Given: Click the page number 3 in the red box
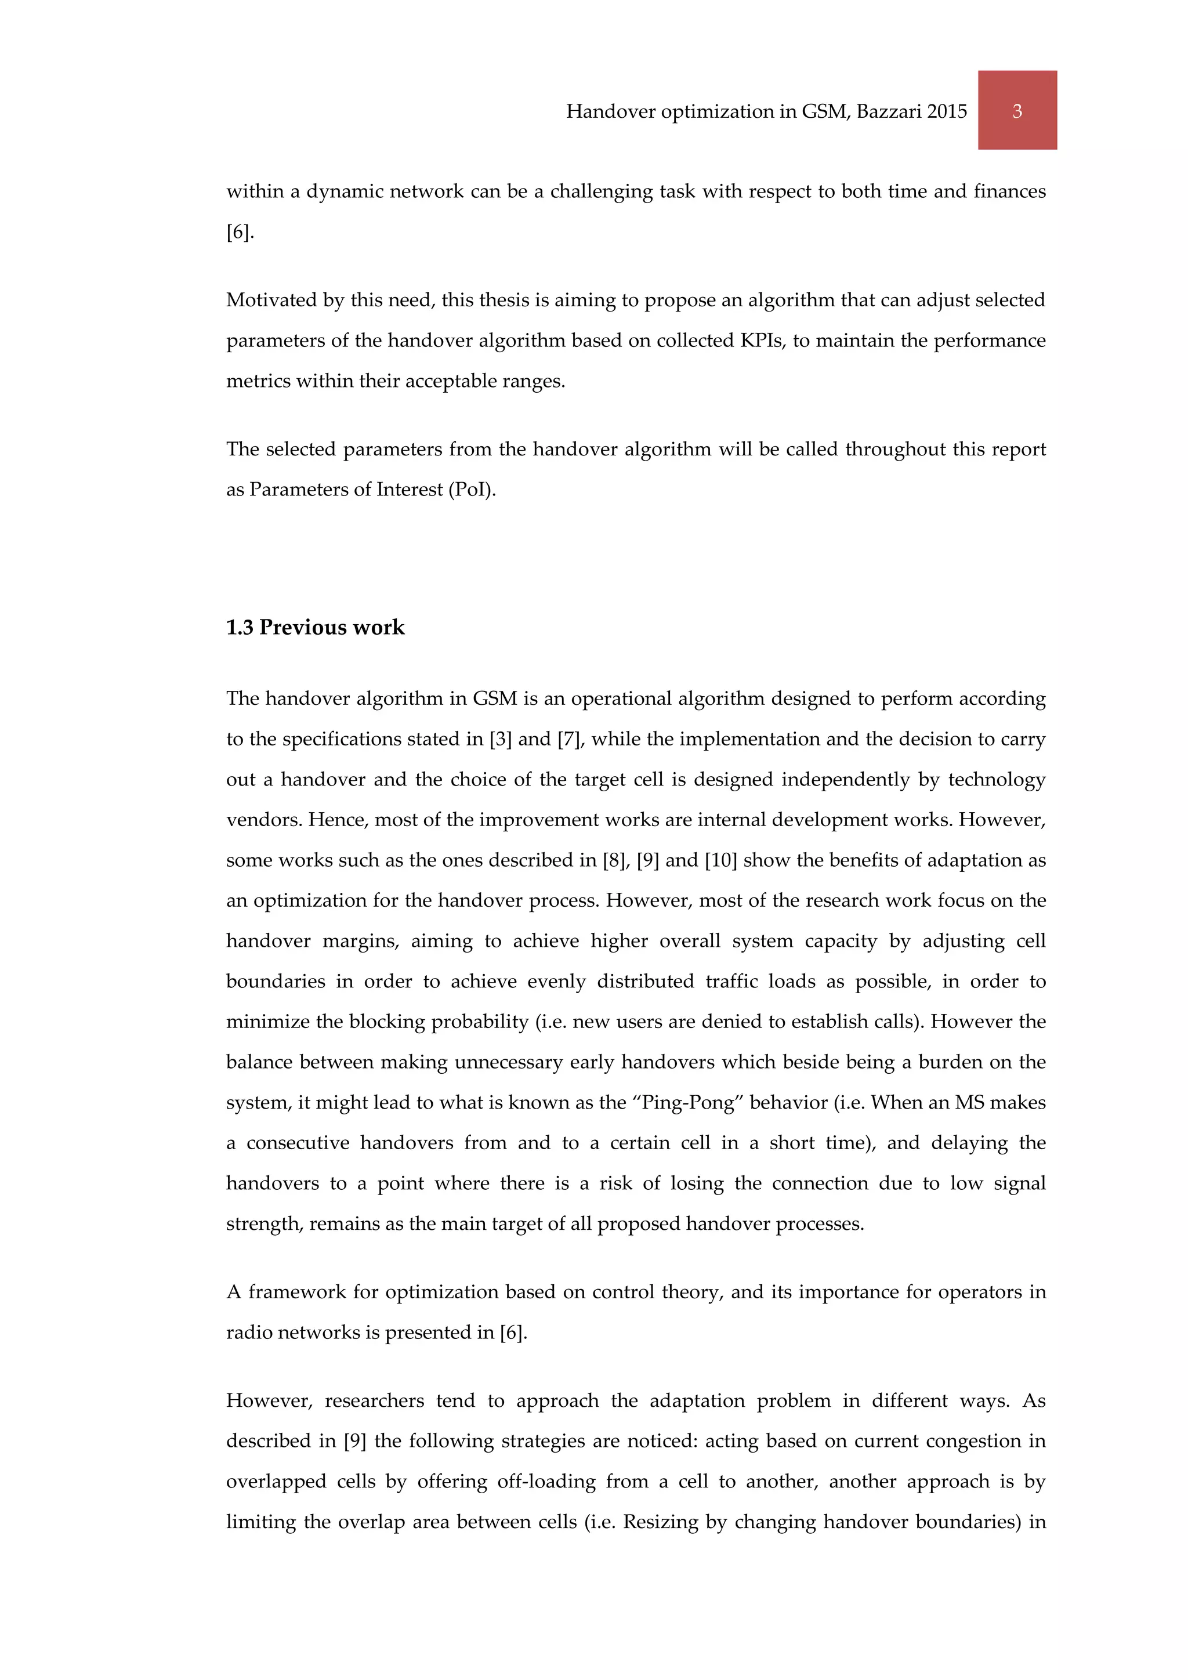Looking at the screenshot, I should (1017, 111).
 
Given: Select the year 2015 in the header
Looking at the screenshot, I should (947, 111).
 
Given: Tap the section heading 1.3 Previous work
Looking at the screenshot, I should (316, 627).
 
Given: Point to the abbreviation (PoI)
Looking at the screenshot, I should (473, 489).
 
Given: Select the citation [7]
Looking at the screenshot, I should (570, 739).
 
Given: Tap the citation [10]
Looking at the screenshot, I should (720, 860).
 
